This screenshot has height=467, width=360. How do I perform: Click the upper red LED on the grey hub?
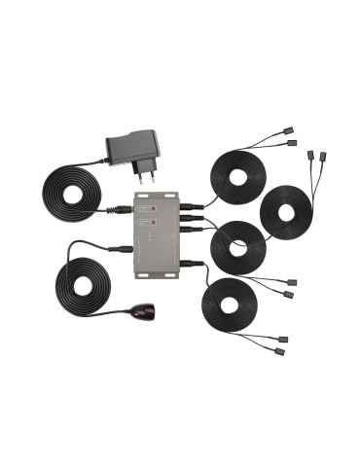click(145, 208)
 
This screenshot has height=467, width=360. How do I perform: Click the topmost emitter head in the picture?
click(289, 129)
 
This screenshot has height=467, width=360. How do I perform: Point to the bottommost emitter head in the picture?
click(283, 351)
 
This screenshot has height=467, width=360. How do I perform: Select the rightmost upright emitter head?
click(323, 155)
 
